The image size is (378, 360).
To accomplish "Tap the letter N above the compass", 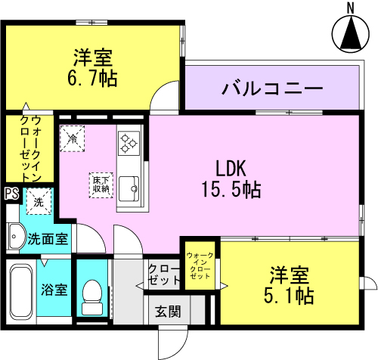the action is coord(350,8).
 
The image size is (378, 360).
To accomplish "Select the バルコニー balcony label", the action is coord(272,88).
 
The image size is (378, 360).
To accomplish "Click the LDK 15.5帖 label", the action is coord(231,178).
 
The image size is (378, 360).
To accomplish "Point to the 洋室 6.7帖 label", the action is coord(92,68).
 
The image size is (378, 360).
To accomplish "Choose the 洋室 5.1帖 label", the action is coord(289,285).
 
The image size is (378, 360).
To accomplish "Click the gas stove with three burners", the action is coord(129,143).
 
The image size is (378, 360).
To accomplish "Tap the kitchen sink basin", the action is coord(129,188).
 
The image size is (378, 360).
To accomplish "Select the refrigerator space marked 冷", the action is coord(72,138).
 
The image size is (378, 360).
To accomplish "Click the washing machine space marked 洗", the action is coord(39,201).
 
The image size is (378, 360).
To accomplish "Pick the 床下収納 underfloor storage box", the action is coord(101,185).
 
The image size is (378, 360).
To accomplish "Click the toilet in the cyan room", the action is coord(92,297).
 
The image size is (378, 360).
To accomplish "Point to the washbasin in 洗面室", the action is coord(17,237).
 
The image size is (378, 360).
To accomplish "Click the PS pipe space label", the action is coord(12,194).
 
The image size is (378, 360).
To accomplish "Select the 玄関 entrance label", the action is coord(168,312).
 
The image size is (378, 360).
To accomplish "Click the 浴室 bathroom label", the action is coord(54,290).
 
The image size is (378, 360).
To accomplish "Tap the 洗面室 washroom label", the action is coord(48,238).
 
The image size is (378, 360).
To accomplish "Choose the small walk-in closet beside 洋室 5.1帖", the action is coord(200,265).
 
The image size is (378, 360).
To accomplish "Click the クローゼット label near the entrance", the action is coord(164,275).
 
